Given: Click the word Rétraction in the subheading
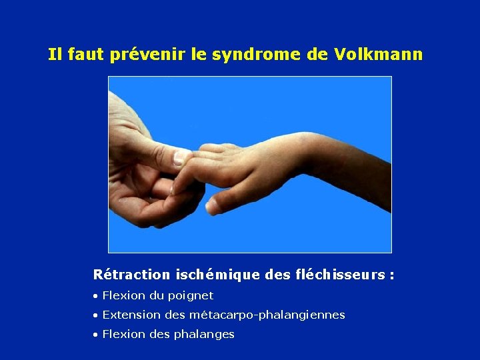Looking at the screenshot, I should (131, 275).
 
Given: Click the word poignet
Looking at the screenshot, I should (190, 295).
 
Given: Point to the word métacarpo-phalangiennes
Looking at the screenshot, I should (267, 315).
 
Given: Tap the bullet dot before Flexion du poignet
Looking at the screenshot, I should (96, 296).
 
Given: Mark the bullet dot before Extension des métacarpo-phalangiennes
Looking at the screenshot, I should (96, 315).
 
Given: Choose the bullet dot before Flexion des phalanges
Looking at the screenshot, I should (96, 335).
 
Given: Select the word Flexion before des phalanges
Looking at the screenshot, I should (121, 334).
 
